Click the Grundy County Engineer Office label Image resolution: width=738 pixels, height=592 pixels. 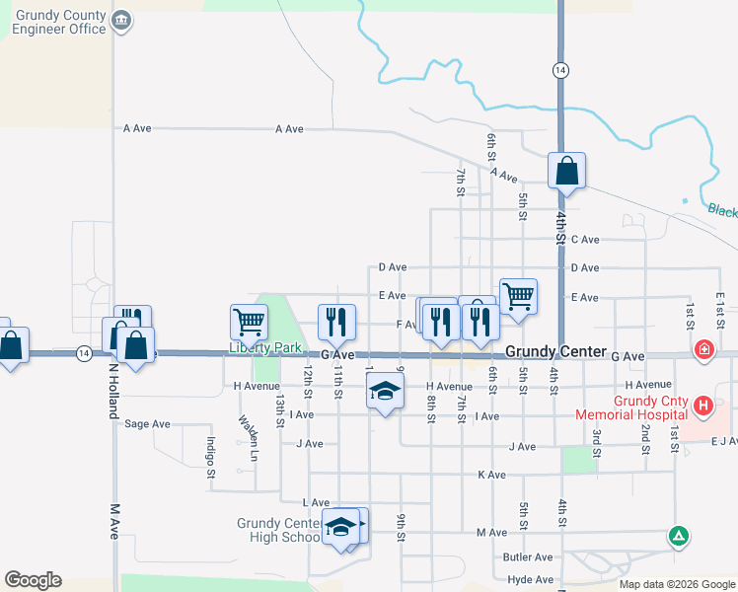(x=59, y=22)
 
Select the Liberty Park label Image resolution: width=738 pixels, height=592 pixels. (x=264, y=348)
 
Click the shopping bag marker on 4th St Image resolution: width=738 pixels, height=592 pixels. (x=567, y=172)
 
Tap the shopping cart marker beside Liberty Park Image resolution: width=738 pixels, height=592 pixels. (x=249, y=322)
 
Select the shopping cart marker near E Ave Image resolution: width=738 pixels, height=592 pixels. (x=518, y=295)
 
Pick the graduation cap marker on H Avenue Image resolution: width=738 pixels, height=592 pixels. (x=385, y=392)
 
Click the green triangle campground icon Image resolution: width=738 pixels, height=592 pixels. (x=678, y=537)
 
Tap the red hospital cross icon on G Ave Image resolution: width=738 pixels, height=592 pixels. (x=703, y=349)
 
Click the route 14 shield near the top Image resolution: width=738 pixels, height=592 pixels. (x=560, y=70)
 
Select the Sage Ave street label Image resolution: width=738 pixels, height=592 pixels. (x=147, y=424)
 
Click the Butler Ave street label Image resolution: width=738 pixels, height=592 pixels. (x=528, y=557)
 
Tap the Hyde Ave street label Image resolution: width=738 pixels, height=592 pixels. (x=530, y=580)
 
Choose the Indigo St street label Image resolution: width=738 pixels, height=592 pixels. (x=210, y=458)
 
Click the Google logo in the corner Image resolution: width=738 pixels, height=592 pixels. (x=33, y=580)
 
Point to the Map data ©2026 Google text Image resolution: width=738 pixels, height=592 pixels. (x=676, y=584)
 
